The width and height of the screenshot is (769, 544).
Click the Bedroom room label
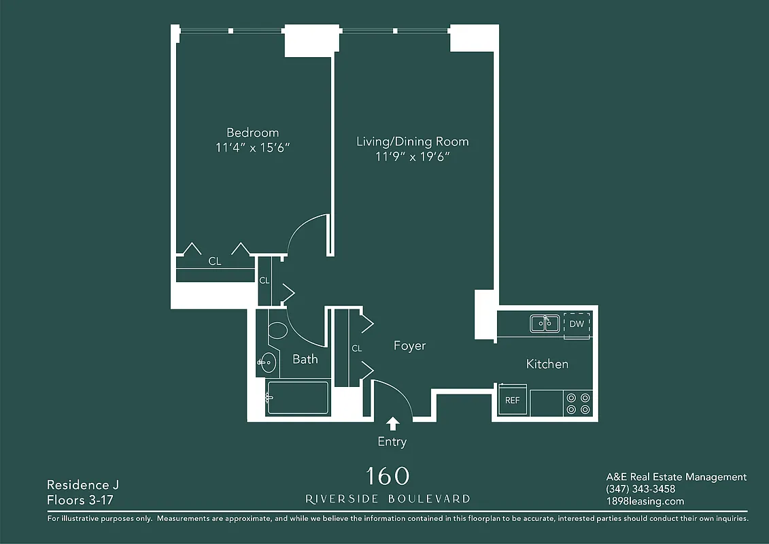[252, 133]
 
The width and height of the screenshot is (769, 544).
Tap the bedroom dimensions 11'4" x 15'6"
[252, 148]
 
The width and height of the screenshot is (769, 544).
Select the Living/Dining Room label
[413, 141]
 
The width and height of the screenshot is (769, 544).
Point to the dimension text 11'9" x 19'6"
[413, 156]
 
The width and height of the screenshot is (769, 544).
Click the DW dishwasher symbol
[577, 324]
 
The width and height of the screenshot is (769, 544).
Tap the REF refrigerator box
[512, 400]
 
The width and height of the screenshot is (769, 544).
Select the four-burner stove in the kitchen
[578, 403]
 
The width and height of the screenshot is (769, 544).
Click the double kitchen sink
[545, 324]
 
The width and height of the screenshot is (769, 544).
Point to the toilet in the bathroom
[277, 332]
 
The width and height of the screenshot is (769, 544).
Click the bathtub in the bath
[298, 397]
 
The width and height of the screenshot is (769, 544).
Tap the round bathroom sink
[268, 363]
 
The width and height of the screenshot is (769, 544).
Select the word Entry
[392, 442]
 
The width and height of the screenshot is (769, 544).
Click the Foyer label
[409, 346]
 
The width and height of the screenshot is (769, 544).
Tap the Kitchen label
[547, 364]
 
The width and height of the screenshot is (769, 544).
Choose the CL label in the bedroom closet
[214, 261]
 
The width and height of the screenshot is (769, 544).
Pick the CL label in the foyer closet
[356, 348]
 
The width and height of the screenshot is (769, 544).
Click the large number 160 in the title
[388, 475]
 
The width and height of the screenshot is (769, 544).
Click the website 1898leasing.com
[644, 501]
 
